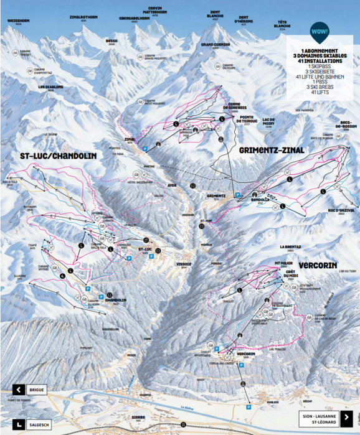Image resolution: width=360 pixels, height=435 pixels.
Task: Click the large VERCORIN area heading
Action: click(x=318, y=264)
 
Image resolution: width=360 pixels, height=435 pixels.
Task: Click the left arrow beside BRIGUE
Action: click(x=19, y=390)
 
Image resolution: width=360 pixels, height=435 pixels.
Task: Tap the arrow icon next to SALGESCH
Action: click(x=19, y=423)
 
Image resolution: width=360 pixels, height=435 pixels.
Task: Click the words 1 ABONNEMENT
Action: click(x=320, y=50)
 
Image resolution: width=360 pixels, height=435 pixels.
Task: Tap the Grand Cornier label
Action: click(x=214, y=45)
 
